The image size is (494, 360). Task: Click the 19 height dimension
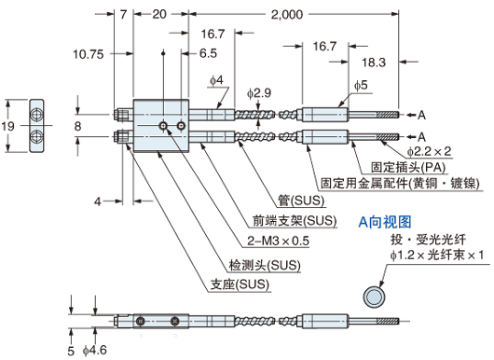[8, 125]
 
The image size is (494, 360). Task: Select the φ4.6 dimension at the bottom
[98, 351]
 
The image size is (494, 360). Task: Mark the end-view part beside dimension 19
[36, 124]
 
